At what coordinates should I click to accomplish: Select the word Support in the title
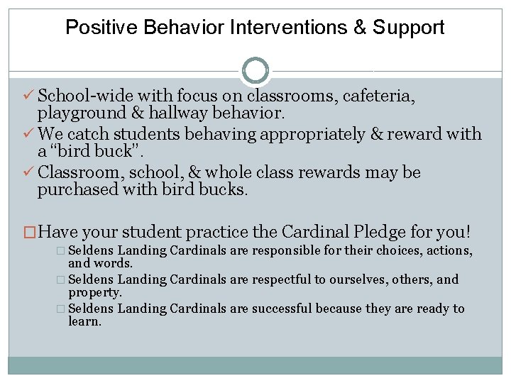tap(409, 28)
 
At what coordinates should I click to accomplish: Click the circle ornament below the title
tap(255, 71)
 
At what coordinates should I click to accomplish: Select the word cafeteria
tap(378, 96)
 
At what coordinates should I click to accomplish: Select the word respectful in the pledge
tap(299, 279)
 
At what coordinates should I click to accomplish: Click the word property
tap(95, 292)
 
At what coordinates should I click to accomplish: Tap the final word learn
tap(84, 321)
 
